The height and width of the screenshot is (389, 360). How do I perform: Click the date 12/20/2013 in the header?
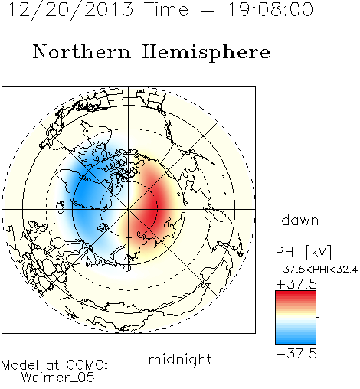(x=70, y=10)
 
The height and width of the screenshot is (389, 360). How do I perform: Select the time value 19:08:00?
(x=270, y=9)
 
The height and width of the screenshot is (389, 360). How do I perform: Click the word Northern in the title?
(x=82, y=52)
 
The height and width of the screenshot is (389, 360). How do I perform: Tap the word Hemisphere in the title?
(x=206, y=53)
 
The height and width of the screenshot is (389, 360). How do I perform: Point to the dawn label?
(x=300, y=220)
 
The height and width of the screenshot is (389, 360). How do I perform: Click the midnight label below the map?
(x=180, y=360)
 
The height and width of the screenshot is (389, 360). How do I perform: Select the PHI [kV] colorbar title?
(x=303, y=252)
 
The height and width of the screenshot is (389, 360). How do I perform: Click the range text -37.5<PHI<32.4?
(x=316, y=270)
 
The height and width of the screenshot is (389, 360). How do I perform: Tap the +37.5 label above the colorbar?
(x=296, y=284)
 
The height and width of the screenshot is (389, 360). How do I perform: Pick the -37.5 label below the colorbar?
(x=296, y=354)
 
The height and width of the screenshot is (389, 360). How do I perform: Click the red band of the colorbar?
(x=296, y=296)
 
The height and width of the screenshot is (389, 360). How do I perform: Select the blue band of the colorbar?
(x=296, y=338)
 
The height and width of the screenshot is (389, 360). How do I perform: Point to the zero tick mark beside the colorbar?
(x=318, y=317)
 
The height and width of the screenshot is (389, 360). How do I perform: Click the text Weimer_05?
(x=57, y=378)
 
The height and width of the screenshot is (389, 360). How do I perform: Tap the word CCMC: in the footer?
(x=87, y=365)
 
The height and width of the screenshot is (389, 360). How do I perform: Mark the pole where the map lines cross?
(x=129, y=209)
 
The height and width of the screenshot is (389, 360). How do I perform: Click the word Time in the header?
(x=166, y=9)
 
